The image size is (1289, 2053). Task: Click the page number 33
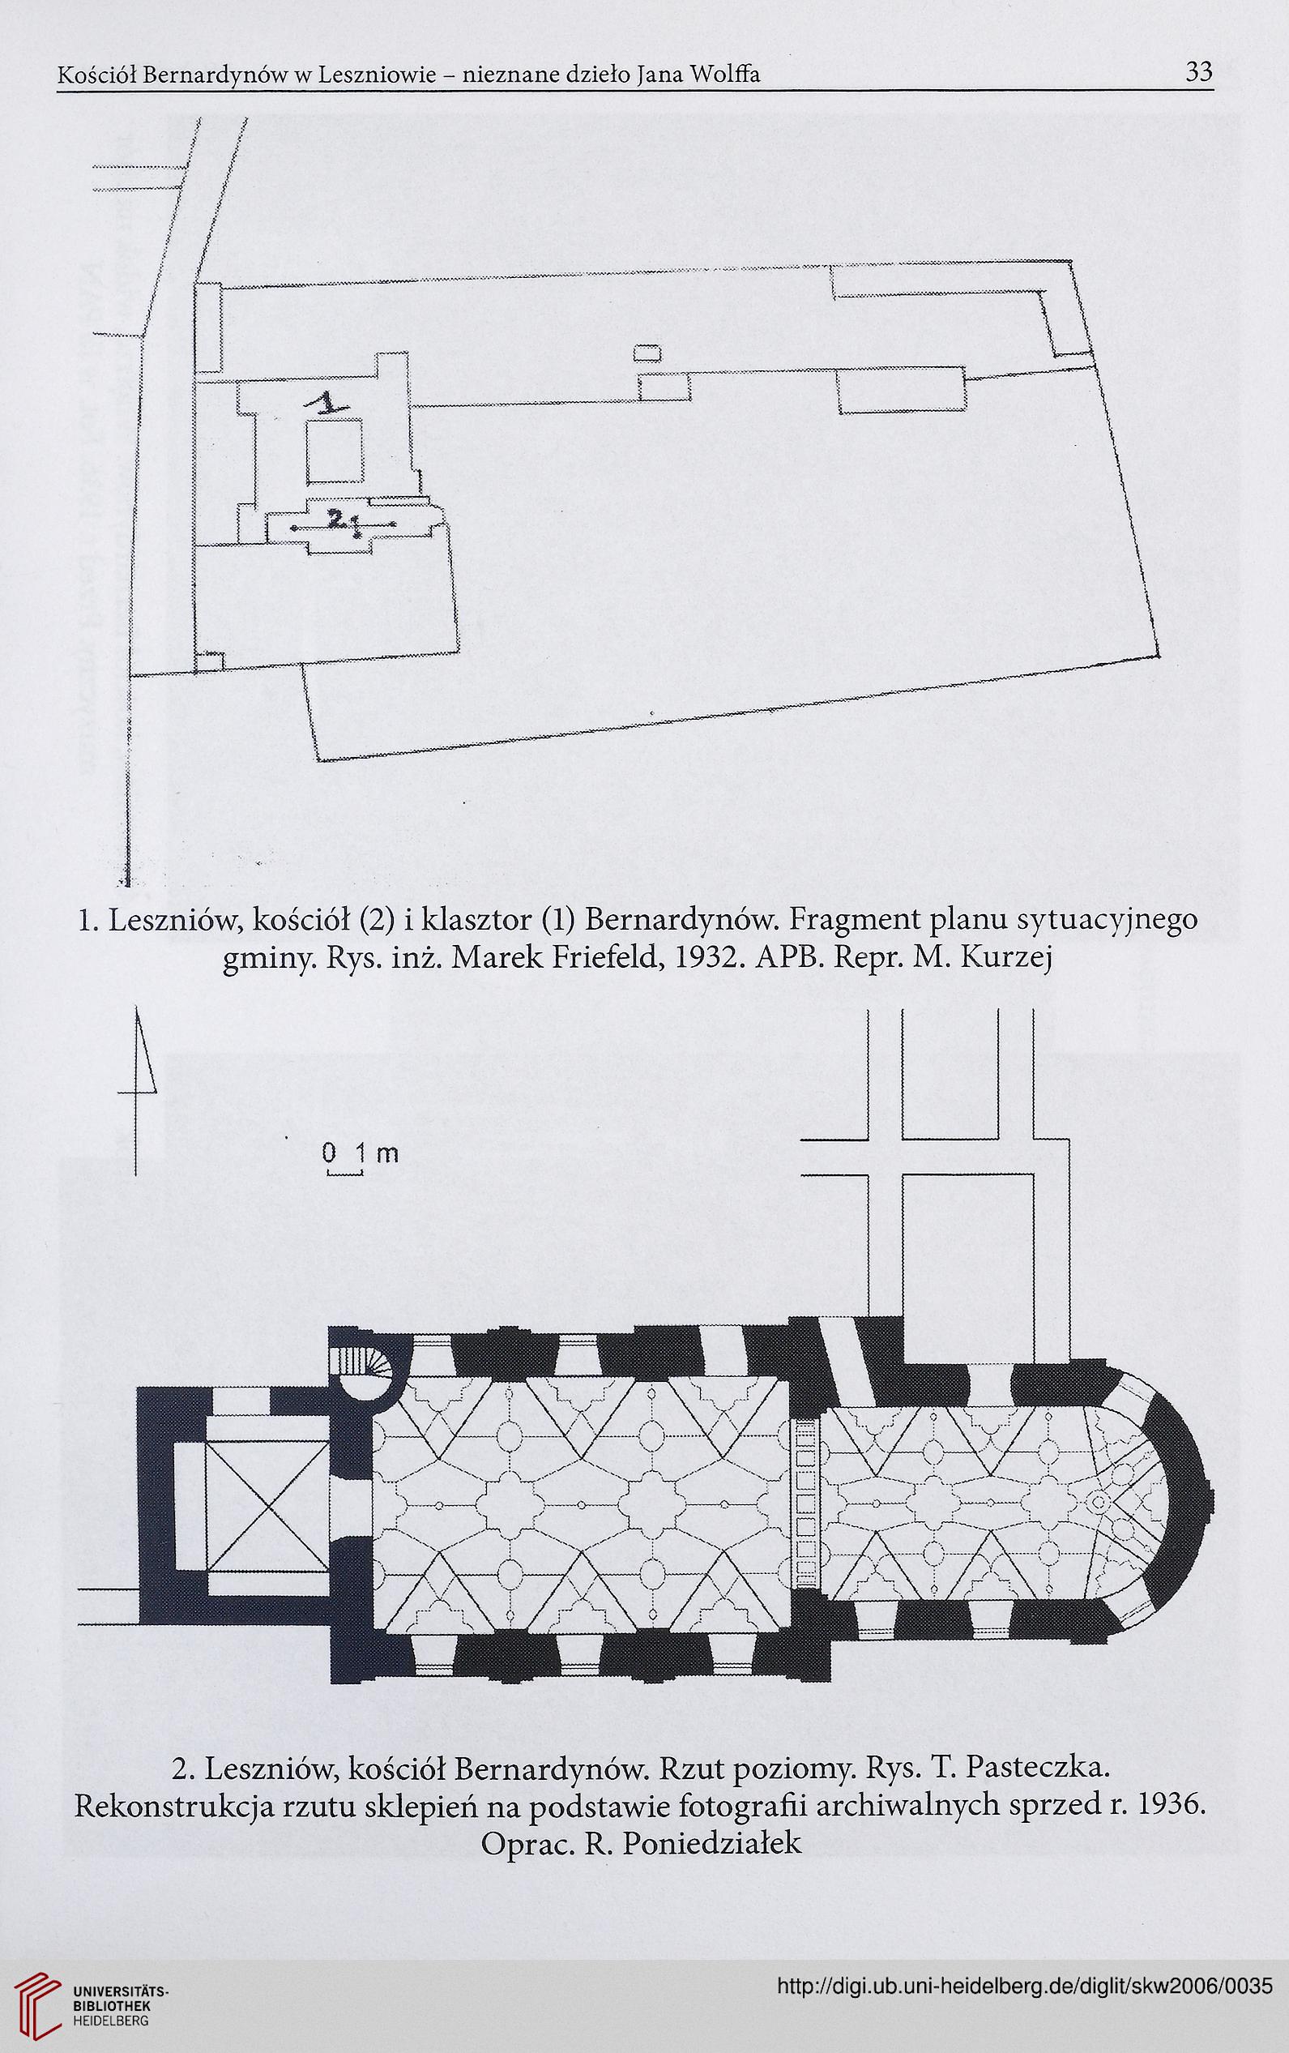click(x=1198, y=73)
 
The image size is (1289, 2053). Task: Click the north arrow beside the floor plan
click(x=142, y=1090)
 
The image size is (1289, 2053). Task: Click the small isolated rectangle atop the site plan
click(x=648, y=353)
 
